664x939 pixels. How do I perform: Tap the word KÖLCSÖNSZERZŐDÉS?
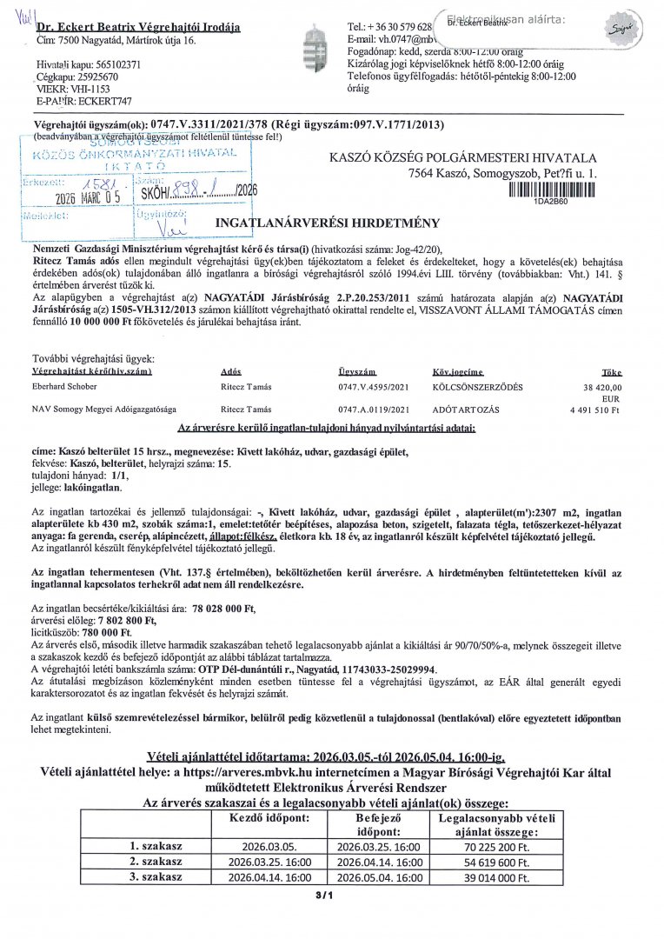point(475,387)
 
